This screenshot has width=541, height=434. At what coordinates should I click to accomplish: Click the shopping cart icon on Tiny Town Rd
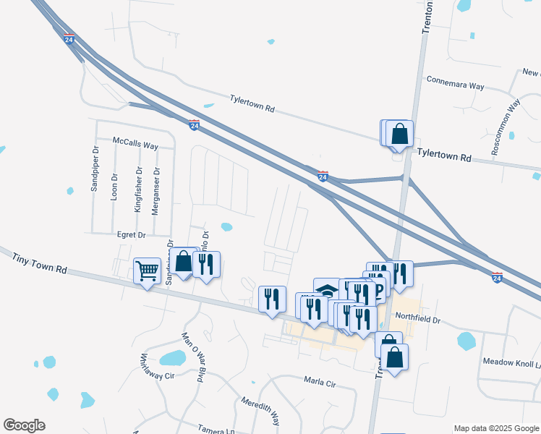(x=148, y=271)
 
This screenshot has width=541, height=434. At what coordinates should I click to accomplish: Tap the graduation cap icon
(x=327, y=289)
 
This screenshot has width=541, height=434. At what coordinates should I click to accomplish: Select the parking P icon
(x=378, y=291)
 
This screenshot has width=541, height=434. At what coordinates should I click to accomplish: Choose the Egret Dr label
(x=131, y=234)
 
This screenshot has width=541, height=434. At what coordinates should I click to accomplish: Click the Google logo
(x=24, y=425)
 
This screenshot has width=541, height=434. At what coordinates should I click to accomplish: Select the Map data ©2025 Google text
(x=497, y=428)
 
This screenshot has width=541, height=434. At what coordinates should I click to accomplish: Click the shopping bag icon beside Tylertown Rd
(x=399, y=134)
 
